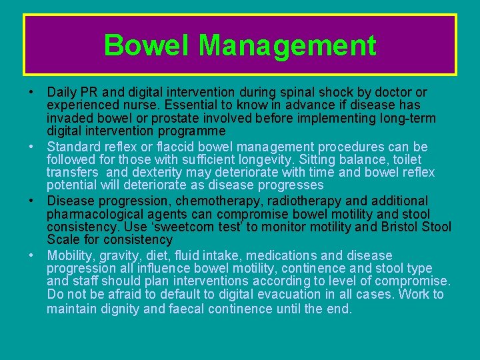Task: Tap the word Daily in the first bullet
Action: pyautogui.click(x=63, y=92)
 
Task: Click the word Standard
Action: pyautogui.click(x=75, y=147)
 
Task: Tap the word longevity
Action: pyautogui.click(x=263, y=160)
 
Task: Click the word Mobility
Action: pyautogui.click(x=71, y=255)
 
